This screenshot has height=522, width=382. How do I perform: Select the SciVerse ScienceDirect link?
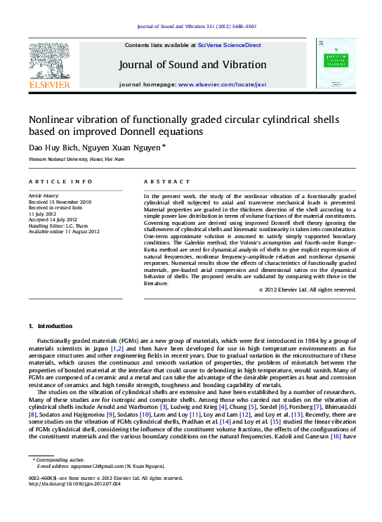tap(229, 45)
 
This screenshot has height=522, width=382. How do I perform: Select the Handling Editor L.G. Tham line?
tap(58, 225)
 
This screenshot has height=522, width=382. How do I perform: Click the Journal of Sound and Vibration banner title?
tap(192, 65)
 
